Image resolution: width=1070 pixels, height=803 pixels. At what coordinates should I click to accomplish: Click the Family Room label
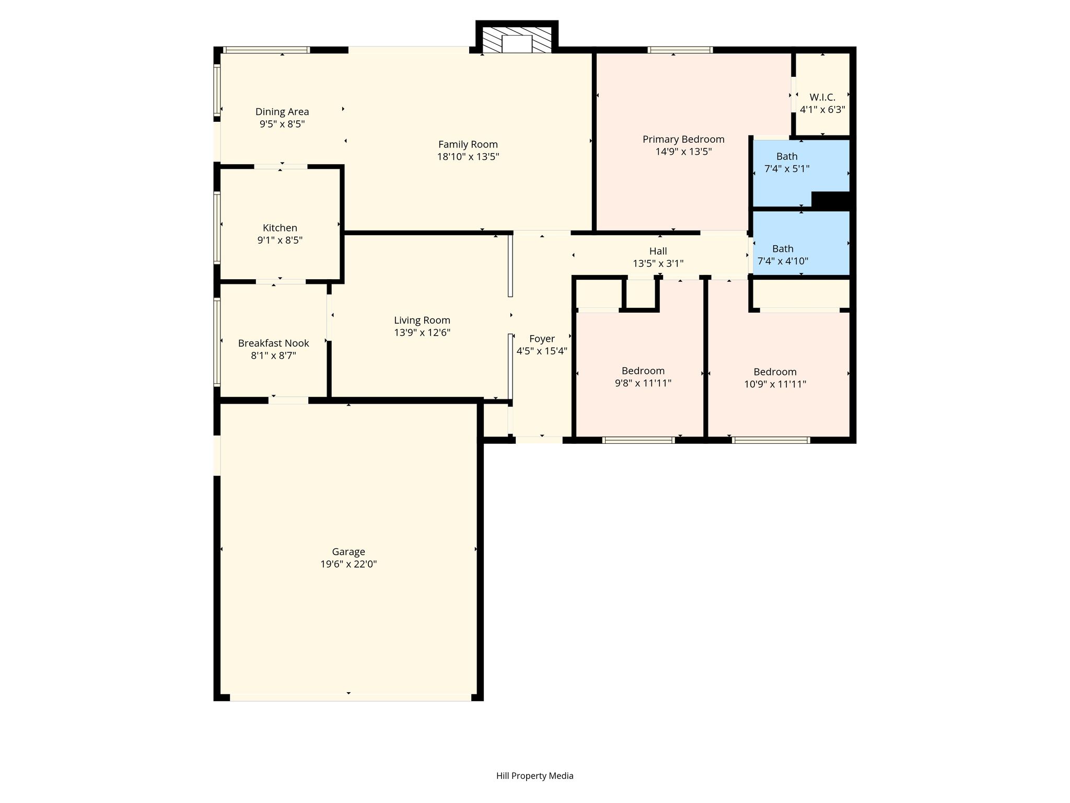[468, 144]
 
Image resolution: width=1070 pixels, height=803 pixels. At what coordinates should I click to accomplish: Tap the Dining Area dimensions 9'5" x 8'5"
[282, 124]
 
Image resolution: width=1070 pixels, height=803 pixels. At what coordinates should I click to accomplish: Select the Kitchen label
[280, 228]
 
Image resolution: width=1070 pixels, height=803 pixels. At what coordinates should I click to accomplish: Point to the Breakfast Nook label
[274, 343]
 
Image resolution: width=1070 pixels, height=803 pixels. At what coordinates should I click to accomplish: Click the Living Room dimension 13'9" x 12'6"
[422, 332]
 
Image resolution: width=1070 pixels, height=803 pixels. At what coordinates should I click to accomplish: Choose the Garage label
[348, 552]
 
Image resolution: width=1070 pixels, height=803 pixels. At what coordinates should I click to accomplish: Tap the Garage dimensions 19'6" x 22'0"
[348, 564]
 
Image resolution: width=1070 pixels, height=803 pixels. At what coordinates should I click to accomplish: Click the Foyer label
[542, 339]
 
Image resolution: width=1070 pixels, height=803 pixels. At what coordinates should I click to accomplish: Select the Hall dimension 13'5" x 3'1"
[658, 263]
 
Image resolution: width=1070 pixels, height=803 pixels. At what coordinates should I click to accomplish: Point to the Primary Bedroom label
[683, 140]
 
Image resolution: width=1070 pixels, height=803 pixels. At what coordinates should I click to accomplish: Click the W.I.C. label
[823, 97]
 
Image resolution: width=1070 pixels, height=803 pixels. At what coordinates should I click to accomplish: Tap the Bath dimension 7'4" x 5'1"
[787, 169]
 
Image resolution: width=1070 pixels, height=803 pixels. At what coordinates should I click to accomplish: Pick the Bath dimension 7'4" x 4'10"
[783, 261]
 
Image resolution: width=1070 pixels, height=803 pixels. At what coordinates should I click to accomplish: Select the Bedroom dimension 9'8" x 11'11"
[643, 383]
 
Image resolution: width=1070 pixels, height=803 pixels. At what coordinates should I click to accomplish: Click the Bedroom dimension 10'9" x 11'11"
[775, 384]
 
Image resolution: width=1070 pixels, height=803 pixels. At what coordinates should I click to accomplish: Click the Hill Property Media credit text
[535, 776]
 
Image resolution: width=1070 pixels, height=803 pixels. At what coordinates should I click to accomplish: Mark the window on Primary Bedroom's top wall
[680, 50]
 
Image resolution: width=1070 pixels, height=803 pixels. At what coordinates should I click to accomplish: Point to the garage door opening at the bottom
[351, 697]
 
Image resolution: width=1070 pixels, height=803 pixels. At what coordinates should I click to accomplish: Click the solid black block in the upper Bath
[831, 200]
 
